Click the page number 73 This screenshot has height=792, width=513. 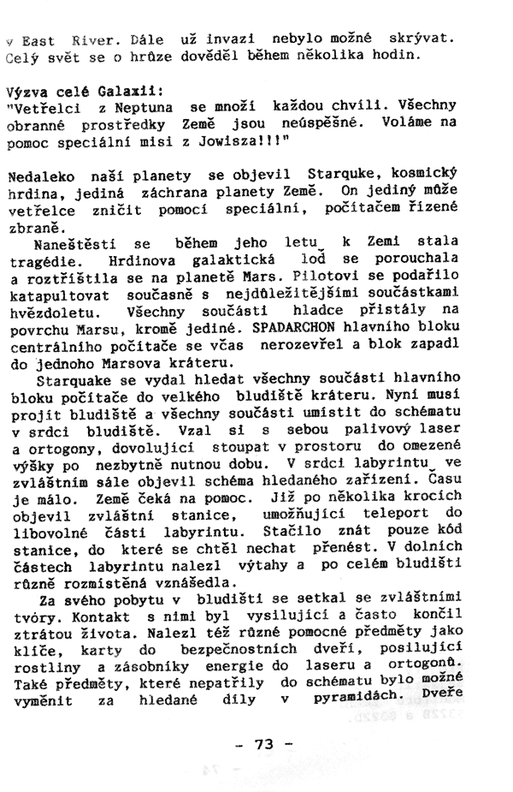click(263, 744)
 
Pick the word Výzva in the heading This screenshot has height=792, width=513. click(26, 89)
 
